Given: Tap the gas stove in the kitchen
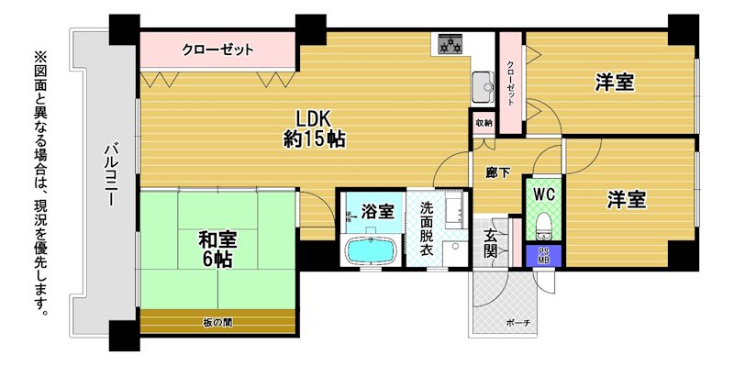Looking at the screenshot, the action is (450, 45).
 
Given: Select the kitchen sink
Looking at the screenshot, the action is (484, 87).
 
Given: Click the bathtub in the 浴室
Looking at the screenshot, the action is (371, 250).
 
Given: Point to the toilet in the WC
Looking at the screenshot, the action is (543, 225).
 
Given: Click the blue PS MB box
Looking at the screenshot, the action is (543, 256).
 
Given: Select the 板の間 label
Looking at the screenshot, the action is (218, 323).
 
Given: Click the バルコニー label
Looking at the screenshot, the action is (111, 174).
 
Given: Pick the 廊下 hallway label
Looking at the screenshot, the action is (497, 172).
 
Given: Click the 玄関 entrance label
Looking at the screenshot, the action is (491, 243).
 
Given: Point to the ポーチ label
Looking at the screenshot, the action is (515, 323).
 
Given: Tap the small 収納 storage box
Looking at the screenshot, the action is (484, 123).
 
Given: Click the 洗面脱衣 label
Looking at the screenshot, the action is (426, 227).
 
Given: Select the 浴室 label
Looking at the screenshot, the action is (377, 212).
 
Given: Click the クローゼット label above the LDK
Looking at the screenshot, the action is (217, 50).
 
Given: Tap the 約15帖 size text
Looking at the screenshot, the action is (315, 139).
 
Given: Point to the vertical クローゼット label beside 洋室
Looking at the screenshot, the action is (510, 83).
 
